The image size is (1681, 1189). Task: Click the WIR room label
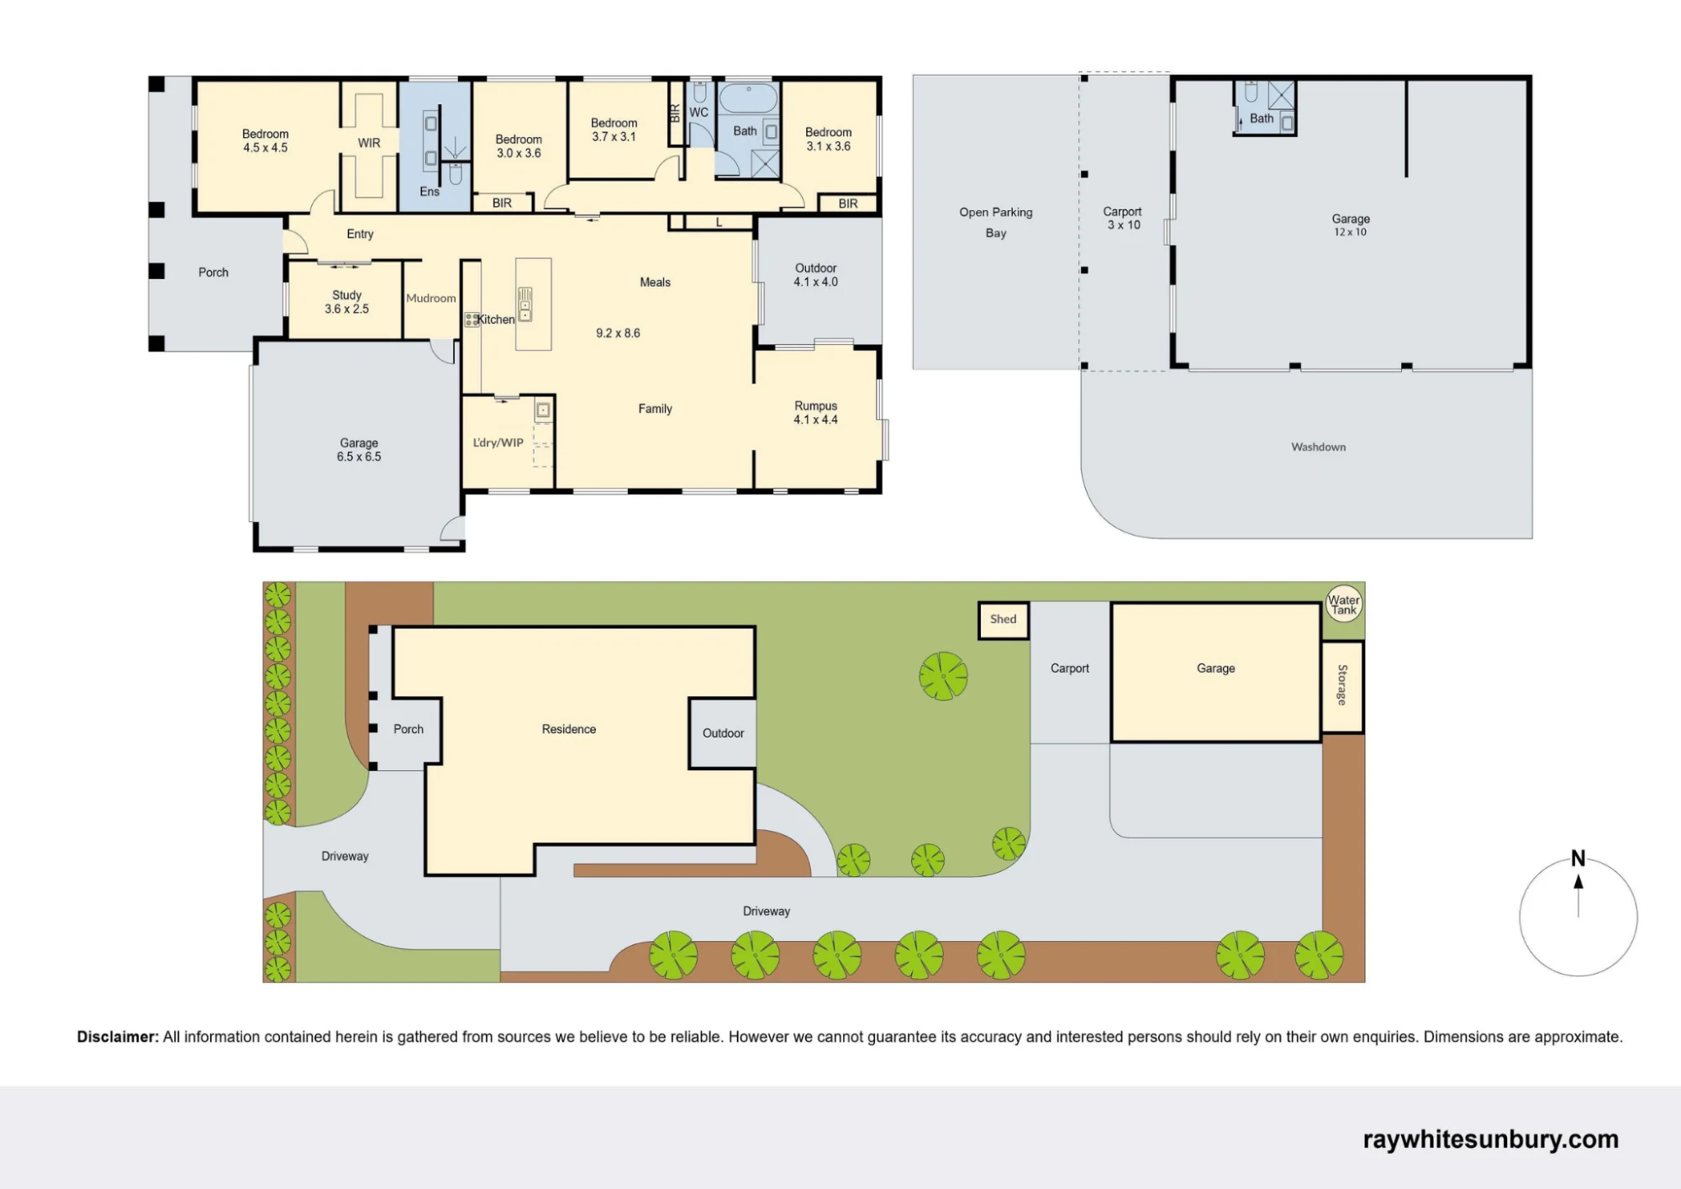click(x=369, y=143)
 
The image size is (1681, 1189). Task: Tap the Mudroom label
click(x=431, y=299)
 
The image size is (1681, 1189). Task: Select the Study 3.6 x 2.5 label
click(x=347, y=302)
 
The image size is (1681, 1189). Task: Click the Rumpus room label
click(x=816, y=413)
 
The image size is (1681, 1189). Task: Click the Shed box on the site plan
click(x=1004, y=620)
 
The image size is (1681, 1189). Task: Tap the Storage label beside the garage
click(x=1342, y=685)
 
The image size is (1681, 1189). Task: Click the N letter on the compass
click(x=1578, y=859)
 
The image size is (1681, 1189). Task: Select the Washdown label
click(x=1319, y=447)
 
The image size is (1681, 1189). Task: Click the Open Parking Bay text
click(x=996, y=223)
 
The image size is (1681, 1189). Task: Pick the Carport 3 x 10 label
click(x=1123, y=219)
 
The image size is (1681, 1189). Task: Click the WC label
click(x=699, y=113)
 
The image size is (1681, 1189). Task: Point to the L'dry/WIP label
click(x=498, y=443)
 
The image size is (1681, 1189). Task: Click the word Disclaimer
click(x=118, y=1037)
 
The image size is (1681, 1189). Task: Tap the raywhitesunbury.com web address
click(x=1491, y=1139)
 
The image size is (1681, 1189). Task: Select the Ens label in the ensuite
click(x=429, y=192)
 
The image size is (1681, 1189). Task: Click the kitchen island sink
click(x=525, y=304)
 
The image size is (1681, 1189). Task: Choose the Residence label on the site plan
click(x=569, y=730)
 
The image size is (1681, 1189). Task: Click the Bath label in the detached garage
click(x=1262, y=119)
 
